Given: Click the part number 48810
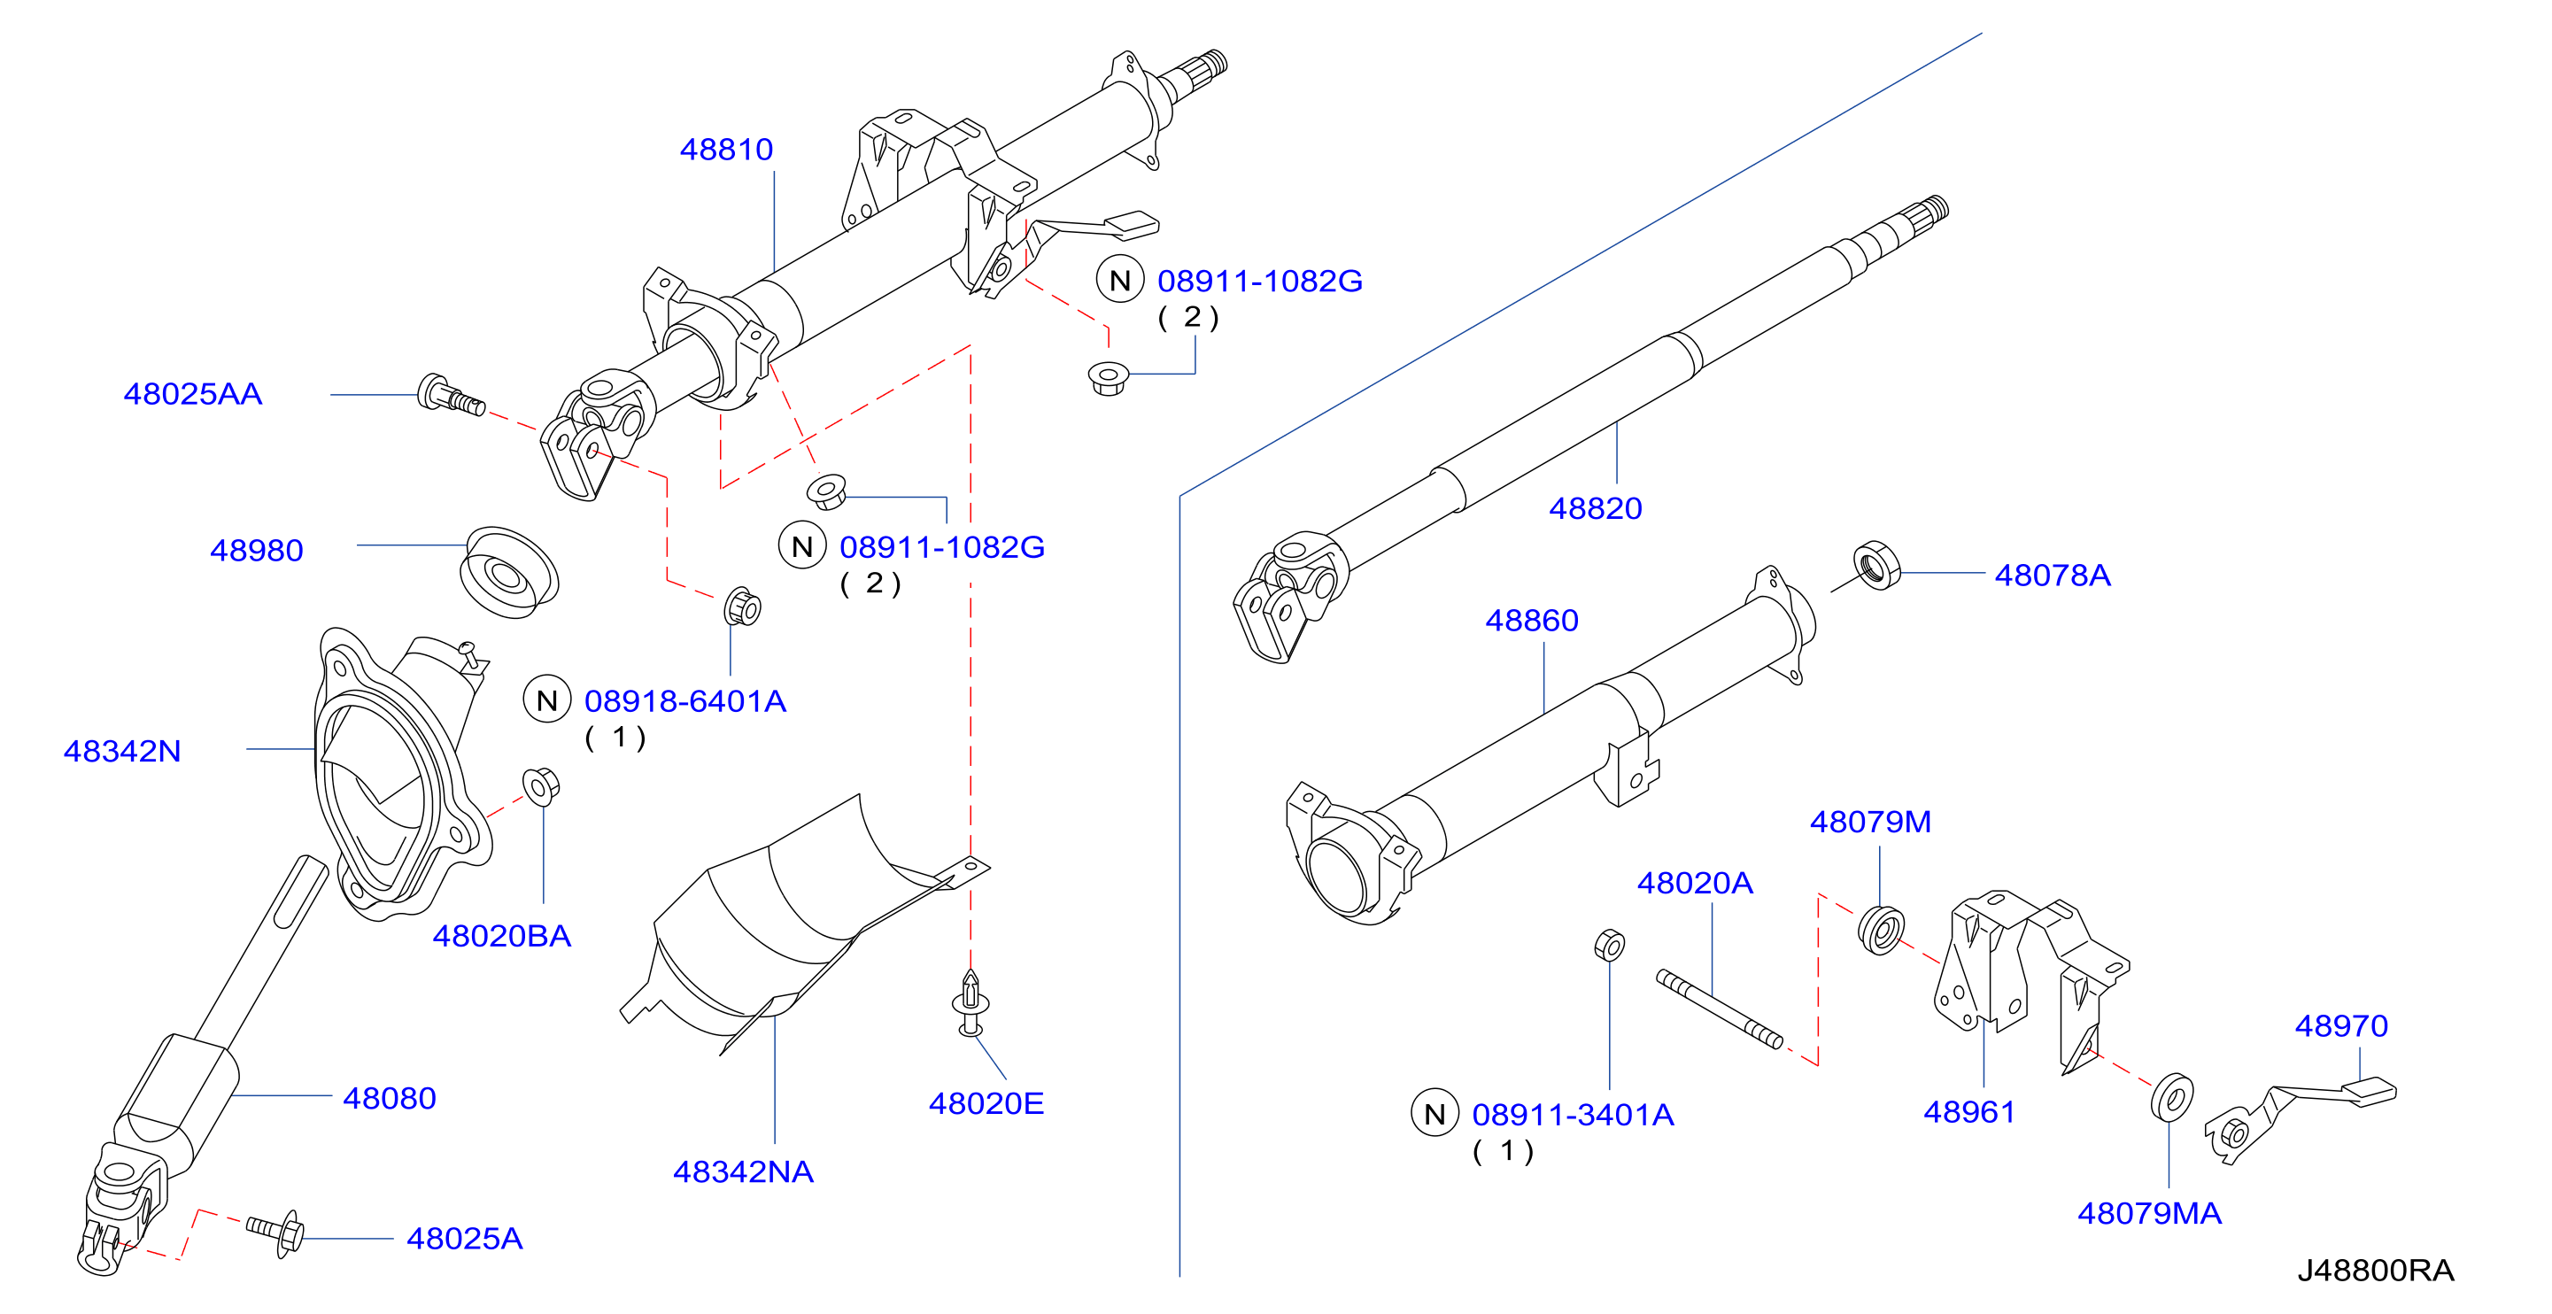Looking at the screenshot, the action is pos(726,150).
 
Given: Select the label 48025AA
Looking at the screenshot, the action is pos(193,394).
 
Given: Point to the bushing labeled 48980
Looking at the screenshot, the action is pos(509,572).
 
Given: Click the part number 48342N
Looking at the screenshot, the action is pos(122,751).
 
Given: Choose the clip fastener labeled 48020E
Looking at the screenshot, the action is pos(970,1003).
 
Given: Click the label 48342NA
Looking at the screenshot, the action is pos(743,1172).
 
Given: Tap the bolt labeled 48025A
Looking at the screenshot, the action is pos(276,1233).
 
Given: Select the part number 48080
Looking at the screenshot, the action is pos(390,1098).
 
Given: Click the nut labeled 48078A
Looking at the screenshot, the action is pos(1876,566).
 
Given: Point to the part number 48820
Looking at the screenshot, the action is pos(1595,508).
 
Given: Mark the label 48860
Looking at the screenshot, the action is pos(1532,621).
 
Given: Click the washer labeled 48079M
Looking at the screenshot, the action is pos(1880,931).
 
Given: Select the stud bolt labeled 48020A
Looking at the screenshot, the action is pos(1719,1009).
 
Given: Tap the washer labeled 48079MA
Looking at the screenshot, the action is pos(2171,1097).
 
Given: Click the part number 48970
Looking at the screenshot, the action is pos(2341,1025).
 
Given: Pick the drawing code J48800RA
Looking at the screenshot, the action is pos(2376,1271).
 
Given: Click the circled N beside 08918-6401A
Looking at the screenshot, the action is pos(547,700).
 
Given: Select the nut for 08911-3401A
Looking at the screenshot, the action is pos(1609,946).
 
